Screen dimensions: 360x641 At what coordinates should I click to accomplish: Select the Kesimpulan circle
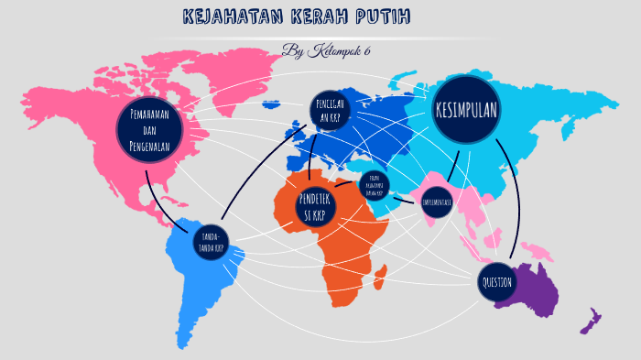tap(466, 110)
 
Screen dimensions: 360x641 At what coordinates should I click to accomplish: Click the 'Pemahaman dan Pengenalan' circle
tap(151, 129)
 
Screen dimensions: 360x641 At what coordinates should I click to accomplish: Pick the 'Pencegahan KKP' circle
tap(329, 112)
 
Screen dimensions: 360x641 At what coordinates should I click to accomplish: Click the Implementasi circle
tap(436, 202)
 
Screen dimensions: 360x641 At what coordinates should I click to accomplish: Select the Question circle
tap(497, 282)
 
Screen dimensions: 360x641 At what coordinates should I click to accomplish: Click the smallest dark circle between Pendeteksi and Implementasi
tap(373, 181)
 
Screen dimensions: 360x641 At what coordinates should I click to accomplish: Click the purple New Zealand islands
tap(589, 321)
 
